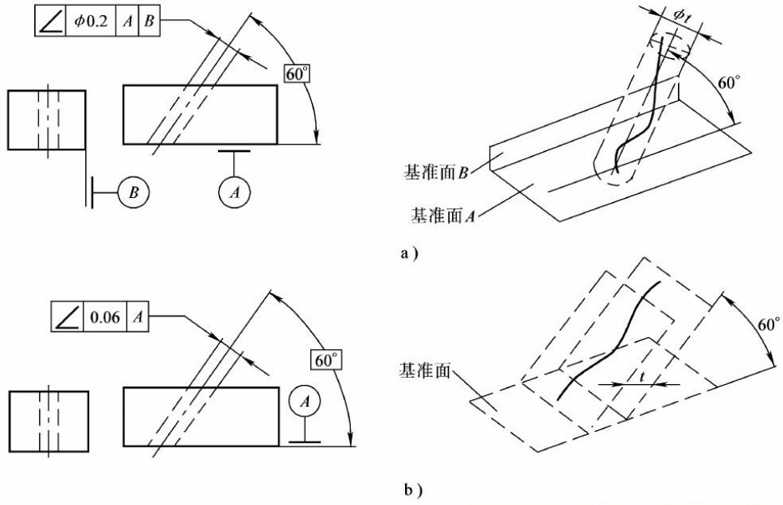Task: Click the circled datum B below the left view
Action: tap(132, 191)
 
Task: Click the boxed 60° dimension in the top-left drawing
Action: tap(296, 71)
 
